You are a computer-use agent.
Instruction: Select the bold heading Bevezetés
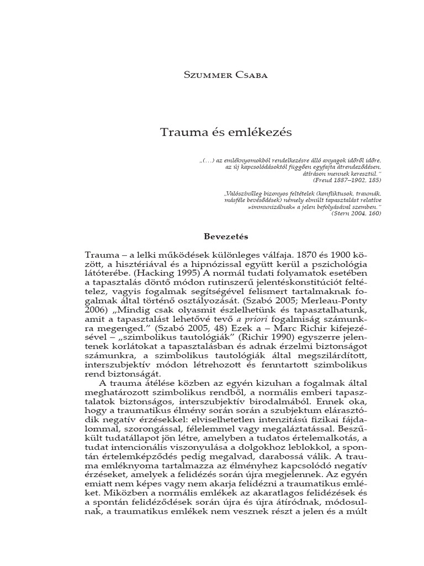click(226, 237)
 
